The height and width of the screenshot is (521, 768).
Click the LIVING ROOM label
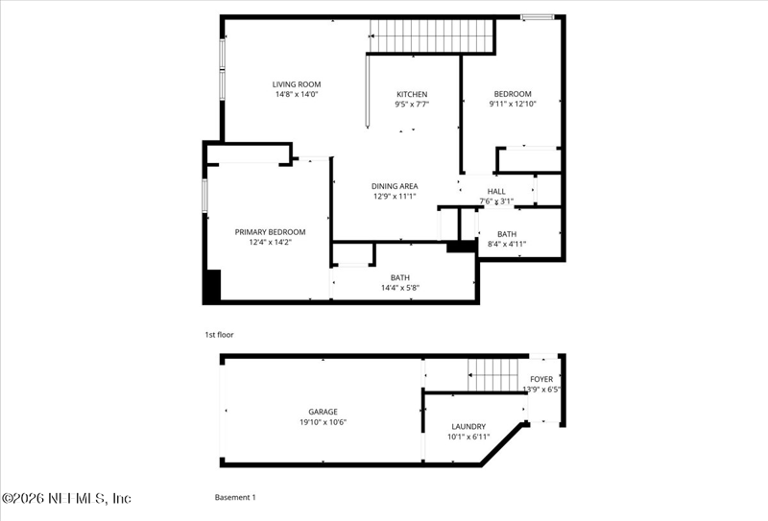pyautogui.click(x=297, y=84)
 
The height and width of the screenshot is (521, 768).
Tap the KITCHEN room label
pyautogui.click(x=412, y=94)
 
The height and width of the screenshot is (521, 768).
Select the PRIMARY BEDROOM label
pyautogui.click(x=270, y=232)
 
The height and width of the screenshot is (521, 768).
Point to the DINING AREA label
pyautogui.click(x=395, y=186)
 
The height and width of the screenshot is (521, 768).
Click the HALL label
pyautogui.click(x=496, y=192)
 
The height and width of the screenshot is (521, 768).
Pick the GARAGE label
pyautogui.click(x=323, y=412)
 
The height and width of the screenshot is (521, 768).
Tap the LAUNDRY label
pyautogui.click(x=468, y=427)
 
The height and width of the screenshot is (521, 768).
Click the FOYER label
pyautogui.click(x=541, y=379)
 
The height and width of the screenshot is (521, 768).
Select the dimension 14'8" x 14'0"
pyautogui.click(x=297, y=94)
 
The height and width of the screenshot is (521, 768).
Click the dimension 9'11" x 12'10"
pyautogui.click(x=513, y=104)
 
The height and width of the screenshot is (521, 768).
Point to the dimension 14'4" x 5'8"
pyautogui.click(x=400, y=288)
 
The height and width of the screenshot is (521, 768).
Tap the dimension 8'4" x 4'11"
pyautogui.click(x=507, y=244)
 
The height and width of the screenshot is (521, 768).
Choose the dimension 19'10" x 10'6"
pyautogui.click(x=323, y=421)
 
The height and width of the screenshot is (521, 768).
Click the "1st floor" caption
pyautogui.click(x=219, y=335)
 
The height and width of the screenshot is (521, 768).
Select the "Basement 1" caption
pyautogui.click(x=235, y=497)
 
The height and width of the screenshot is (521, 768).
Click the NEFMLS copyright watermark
pyautogui.click(x=66, y=499)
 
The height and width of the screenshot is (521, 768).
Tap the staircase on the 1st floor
pyautogui.click(x=431, y=36)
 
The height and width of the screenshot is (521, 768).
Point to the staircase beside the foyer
pyautogui.click(x=492, y=375)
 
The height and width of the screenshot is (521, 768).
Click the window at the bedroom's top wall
pyautogui.click(x=538, y=17)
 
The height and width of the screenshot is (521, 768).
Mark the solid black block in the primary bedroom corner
pyautogui.click(x=212, y=285)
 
